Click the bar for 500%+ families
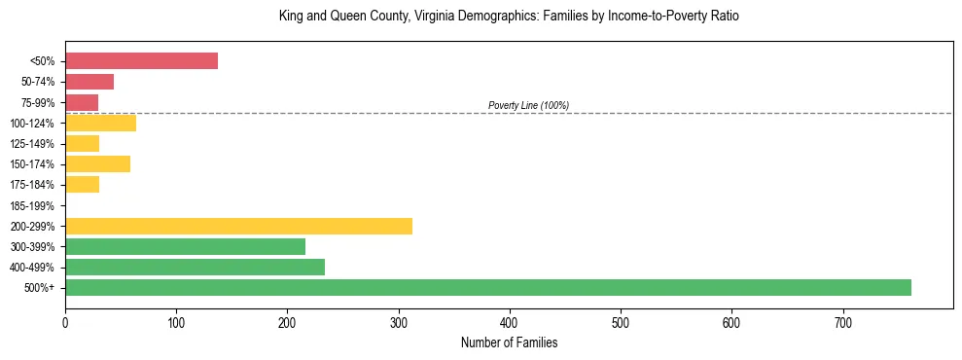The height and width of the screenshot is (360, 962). [487, 288]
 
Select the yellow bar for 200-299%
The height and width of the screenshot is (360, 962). [238, 226]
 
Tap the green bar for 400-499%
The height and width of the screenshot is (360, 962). [195, 268]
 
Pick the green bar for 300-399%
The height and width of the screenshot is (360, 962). [185, 247]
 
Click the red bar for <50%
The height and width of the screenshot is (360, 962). [141, 61]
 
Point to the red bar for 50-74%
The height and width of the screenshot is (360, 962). [89, 82]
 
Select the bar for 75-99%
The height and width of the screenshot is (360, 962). [82, 102]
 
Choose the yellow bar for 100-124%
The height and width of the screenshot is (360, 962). [100, 123]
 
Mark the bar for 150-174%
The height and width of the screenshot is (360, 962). [97, 164]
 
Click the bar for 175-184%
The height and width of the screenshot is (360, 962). [82, 185]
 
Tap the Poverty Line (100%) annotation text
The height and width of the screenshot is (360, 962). [528, 105]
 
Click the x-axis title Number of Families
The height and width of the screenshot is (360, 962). [509, 343]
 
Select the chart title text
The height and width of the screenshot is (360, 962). [509, 17]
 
